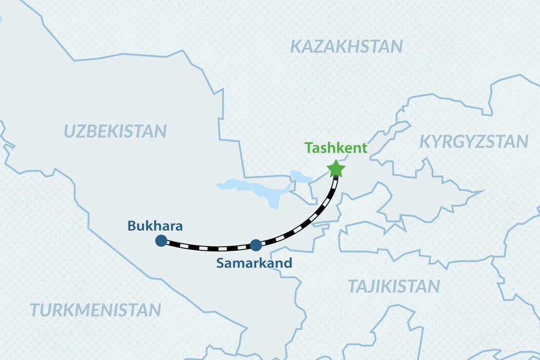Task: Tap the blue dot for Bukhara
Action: [161, 241]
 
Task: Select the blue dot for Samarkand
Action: [256, 245]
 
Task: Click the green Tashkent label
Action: [336, 148]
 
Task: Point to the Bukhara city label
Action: [155, 226]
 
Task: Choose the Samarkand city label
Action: [254, 263]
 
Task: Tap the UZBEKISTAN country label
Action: [115, 131]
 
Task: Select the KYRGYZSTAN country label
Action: [473, 142]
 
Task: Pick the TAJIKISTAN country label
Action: [395, 286]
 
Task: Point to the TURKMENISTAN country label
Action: [95, 310]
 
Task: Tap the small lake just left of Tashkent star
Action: [299, 176]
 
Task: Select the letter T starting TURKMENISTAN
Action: [34, 310]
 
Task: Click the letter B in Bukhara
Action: [132, 226]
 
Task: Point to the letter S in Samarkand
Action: [220, 263]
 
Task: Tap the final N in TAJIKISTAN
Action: [434, 286]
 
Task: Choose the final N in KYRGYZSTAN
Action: [522, 142]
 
